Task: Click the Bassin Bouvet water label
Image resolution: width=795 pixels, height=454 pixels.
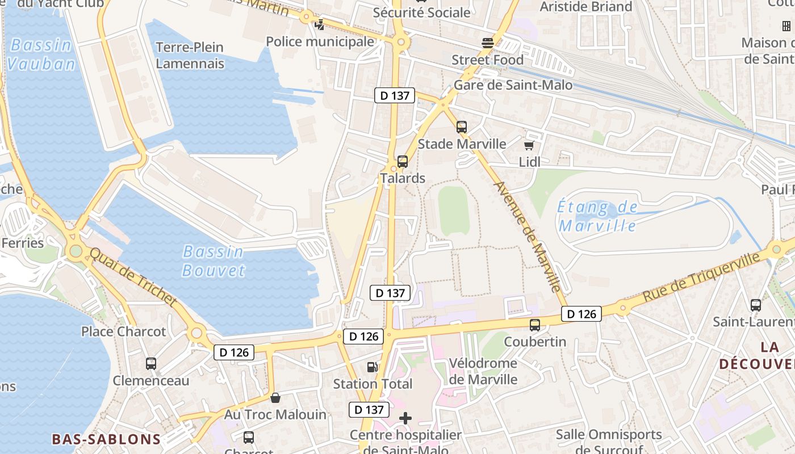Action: pyautogui.click(x=213, y=260)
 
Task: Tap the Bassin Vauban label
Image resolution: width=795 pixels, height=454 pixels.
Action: pyautogui.click(x=41, y=54)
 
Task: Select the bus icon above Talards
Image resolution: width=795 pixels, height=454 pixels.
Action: pyautogui.click(x=403, y=161)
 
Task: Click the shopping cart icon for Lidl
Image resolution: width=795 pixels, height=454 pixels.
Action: pyautogui.click(x=529, y=146)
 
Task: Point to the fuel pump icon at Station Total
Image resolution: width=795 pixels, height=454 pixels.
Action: pyautogui.click(x=372, y=367)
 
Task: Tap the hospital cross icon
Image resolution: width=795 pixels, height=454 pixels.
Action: pyautogui.click(x=405, y=419)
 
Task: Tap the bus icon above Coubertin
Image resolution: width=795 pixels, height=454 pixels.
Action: pyautogui.click(x=535, y=325)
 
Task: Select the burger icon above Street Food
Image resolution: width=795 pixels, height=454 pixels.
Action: pyautogui.click(x=487, y=43)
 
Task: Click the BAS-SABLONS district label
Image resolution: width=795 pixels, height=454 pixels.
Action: pyautogui.click(x=106, y=439)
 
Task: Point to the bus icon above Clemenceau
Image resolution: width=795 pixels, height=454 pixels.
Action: pyautogui.click(x=150, y=364)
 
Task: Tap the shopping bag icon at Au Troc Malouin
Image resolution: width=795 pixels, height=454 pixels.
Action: pyautogui.click(x=275, y=398)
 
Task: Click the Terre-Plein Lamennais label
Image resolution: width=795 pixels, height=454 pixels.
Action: pyautogui.click(x=190, y=55)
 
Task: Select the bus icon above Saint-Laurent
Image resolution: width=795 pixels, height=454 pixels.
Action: pyautogui.click(x=756, y=305)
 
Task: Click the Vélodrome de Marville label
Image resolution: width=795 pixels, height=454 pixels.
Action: pyautogui.click(x=483, y=371)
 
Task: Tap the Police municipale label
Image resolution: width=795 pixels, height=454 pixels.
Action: pyautogui.click(x=320, y=41)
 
